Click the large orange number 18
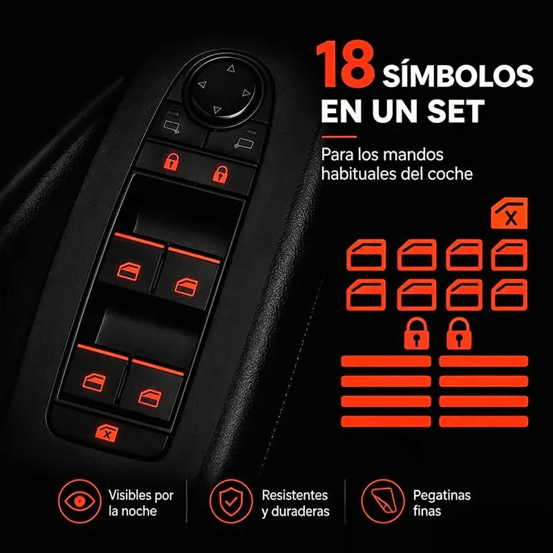(344, 64)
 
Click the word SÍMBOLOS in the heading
(458, 75)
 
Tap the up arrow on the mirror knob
(231, 68)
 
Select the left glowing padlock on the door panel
(171, 162)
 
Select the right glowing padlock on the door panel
(220, 174)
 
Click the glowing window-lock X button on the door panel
(108, 433)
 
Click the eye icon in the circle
(79, 500)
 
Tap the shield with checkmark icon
(231, 500)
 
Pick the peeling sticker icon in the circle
(382, 500)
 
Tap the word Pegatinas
(442, 496)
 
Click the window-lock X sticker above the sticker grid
(509, 213)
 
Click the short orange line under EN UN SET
(339, 137)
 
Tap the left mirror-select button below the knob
(171, 126)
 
